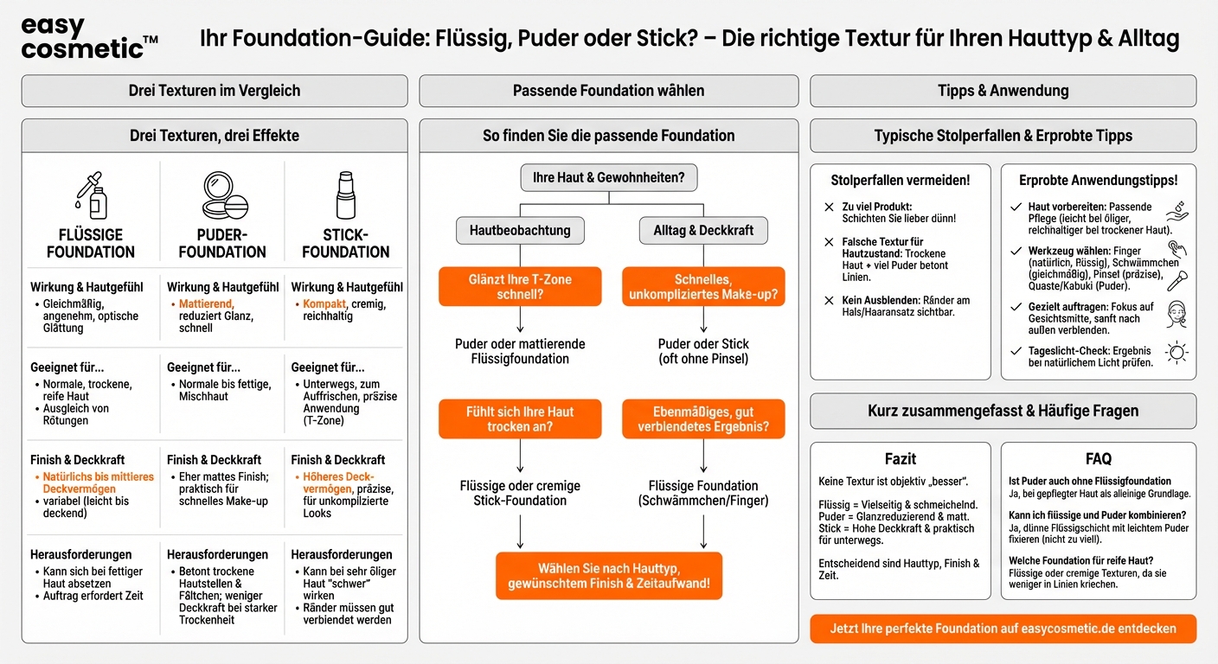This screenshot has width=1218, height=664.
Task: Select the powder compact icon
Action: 223,195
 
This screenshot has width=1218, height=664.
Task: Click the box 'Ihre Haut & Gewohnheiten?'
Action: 608,178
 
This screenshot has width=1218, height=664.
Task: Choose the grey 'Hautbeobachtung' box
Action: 520,230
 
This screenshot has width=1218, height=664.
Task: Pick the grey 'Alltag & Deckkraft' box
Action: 703,230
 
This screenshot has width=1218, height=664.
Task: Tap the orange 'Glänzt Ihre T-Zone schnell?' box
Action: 520,287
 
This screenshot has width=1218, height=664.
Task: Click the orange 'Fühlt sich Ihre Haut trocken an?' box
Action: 520,419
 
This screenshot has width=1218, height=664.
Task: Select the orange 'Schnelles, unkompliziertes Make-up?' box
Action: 703,287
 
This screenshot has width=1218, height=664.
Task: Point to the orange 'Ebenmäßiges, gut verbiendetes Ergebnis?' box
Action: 703,419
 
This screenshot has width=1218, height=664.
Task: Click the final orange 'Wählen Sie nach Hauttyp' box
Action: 608,576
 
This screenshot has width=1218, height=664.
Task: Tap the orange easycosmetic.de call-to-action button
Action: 1003,629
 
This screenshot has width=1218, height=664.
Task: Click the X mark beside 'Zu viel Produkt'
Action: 830,207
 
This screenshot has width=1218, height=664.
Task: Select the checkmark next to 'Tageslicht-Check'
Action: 1016,351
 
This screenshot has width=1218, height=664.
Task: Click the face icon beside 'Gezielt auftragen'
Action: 1176,313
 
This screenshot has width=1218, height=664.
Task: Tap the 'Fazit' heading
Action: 900,459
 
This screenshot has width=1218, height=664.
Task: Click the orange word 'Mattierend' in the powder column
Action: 206,304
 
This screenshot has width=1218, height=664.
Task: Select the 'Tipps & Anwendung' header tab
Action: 1003,91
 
